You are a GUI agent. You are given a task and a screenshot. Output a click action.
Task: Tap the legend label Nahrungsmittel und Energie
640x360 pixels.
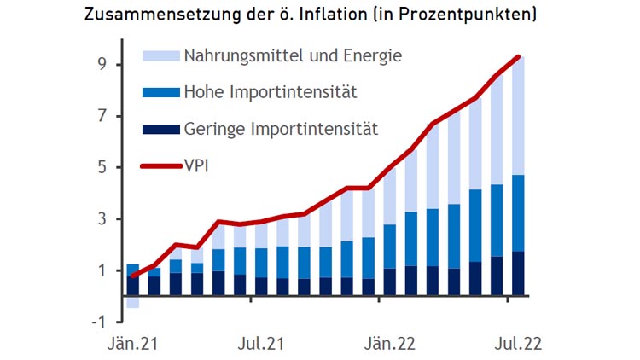(293, 56)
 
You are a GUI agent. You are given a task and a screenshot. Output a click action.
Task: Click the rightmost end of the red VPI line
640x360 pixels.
(518, 57)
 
